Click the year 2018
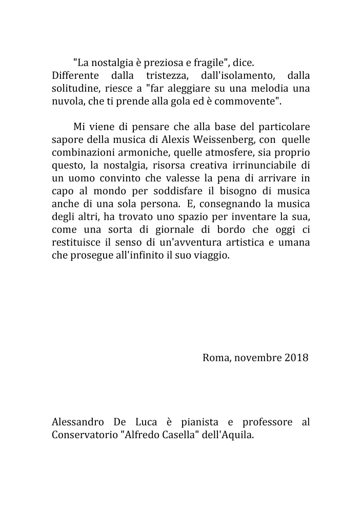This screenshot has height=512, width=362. click(x=296, y=357)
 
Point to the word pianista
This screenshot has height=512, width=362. click(x=200, y=422)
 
